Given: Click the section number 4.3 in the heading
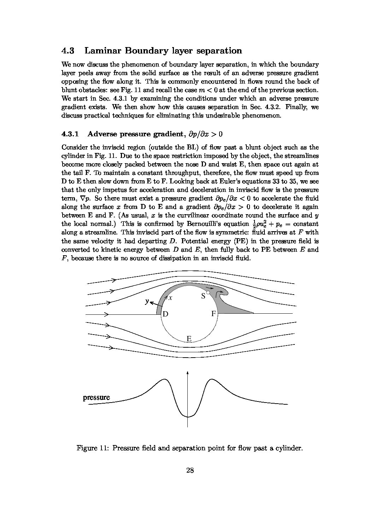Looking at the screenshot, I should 68,51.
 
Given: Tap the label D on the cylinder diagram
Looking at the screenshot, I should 165,314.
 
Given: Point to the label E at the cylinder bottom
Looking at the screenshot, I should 189,339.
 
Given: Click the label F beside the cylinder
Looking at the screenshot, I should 214,314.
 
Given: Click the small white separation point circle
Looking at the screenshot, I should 208,293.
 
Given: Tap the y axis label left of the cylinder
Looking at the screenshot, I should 147,301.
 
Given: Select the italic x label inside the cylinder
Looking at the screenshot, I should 170,298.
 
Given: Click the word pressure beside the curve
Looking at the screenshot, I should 96,397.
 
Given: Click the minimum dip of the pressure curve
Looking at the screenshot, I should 187,417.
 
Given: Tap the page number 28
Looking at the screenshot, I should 190,470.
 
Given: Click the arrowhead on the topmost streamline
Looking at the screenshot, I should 114,280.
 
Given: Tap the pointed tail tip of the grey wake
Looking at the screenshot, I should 253,313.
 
